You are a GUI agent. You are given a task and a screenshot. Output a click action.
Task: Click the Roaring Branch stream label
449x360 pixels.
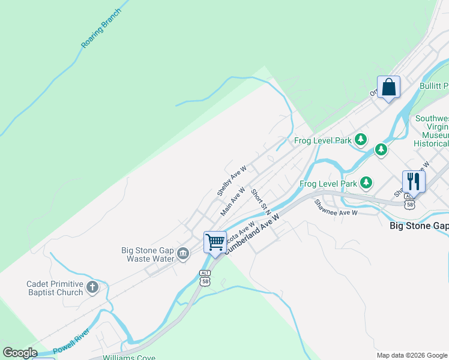pos(101,28)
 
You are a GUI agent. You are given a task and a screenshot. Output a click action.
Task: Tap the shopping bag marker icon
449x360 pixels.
pos(388,87)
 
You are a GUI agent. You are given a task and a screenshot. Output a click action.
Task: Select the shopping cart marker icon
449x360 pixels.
pos(215,242)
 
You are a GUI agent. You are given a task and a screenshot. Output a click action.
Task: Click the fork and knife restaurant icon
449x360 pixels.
pos(414,181)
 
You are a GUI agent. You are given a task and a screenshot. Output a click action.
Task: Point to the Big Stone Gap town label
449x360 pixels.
pos(419,226)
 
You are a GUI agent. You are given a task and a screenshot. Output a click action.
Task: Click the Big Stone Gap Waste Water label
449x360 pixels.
pos(147,254)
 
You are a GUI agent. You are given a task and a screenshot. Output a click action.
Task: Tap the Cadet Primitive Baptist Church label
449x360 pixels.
pos(54,288)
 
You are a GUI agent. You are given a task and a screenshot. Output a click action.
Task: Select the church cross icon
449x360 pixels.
pos(92,287)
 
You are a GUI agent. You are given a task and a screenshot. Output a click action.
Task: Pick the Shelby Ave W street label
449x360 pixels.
pos(232,182)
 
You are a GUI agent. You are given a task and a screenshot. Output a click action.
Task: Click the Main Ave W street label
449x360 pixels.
pos(234,201)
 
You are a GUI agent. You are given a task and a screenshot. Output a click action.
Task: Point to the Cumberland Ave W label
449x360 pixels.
pos(252,236)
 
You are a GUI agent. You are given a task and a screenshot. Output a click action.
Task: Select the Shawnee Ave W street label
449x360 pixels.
pos(336,208)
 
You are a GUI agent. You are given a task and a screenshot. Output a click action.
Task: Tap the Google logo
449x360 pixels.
pos(20,353)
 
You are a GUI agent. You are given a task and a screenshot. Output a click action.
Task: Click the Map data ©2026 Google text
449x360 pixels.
pos(411,355)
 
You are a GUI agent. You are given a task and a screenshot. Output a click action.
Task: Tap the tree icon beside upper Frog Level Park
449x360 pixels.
pos(360,140)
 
